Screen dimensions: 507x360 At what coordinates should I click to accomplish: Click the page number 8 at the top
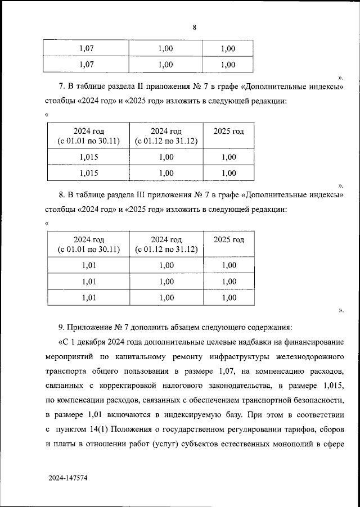point(194,27)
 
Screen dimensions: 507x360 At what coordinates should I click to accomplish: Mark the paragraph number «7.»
point(62,87)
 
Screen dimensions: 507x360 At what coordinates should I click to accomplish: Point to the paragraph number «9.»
point(62,326)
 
